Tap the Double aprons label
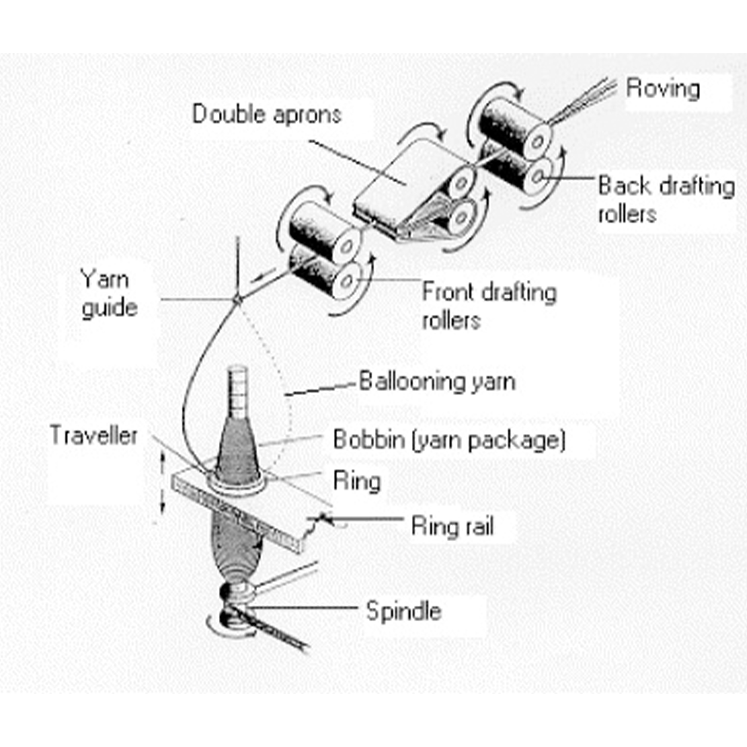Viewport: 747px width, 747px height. (x=267, y=114)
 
